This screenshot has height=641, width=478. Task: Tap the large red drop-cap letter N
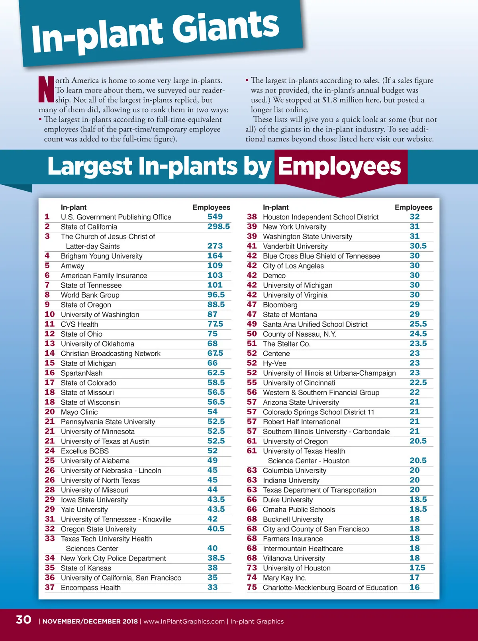[x=46, y=89]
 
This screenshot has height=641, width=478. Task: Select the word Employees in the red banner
[x=339, y=166]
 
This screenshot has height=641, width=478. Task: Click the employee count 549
[x=215, y=217]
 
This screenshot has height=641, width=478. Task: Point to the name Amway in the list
[x=72, y=266]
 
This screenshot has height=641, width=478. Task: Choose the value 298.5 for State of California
[x=219, y=227]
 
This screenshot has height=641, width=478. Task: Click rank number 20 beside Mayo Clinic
[x=50, y=412]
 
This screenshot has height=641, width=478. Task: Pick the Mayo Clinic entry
[x=79, y=412]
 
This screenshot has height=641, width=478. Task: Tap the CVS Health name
[x=79, y=324]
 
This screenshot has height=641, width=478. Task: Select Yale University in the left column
[x=84, y=510]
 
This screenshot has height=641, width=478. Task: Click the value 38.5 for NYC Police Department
[x=216, y=558]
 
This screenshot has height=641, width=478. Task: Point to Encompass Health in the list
[x=90, y=588]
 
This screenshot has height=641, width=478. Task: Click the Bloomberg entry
[x=280, y=305]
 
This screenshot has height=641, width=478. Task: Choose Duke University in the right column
[x=288, y=500]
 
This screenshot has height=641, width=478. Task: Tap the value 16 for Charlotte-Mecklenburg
[x=414, y=587]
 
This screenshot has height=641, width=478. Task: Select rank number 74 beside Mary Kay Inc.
[x=252, y=578]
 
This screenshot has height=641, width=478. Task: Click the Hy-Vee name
[x=274, y=363]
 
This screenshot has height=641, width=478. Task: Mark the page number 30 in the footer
[x=24, y=619]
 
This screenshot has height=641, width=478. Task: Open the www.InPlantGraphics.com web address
[x=184, y=621]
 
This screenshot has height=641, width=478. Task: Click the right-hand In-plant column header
[x=276, y=207]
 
